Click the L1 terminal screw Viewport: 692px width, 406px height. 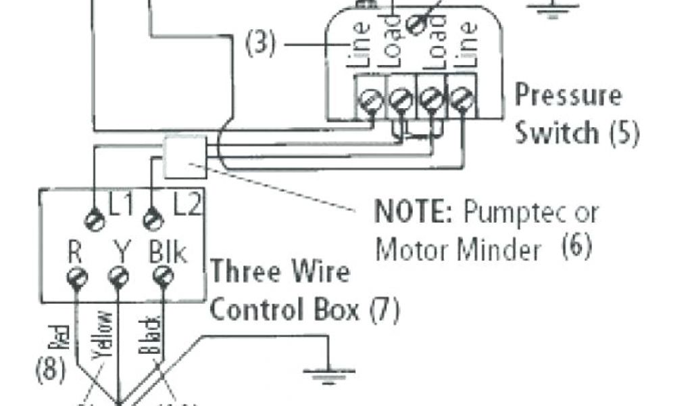[93, 220]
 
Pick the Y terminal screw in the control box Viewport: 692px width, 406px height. [119, 275]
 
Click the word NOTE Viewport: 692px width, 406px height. [413, 212]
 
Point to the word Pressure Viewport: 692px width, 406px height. [568, 95]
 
